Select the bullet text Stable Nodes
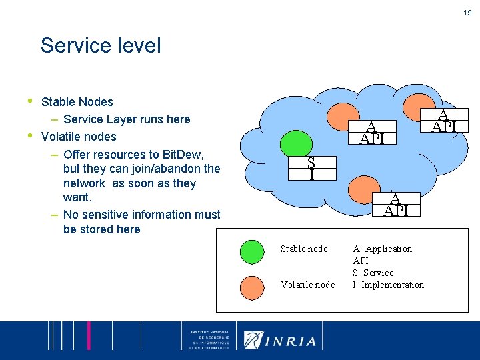(77, 102)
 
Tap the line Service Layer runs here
(127, 119)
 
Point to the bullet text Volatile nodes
(79, 137)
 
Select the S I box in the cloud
(311, 169)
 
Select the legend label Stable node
(304, 249)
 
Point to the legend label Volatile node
(307, 285)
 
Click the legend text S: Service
(373, 273)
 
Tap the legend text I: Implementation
(388, 285)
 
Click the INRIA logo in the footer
(280, 340)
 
